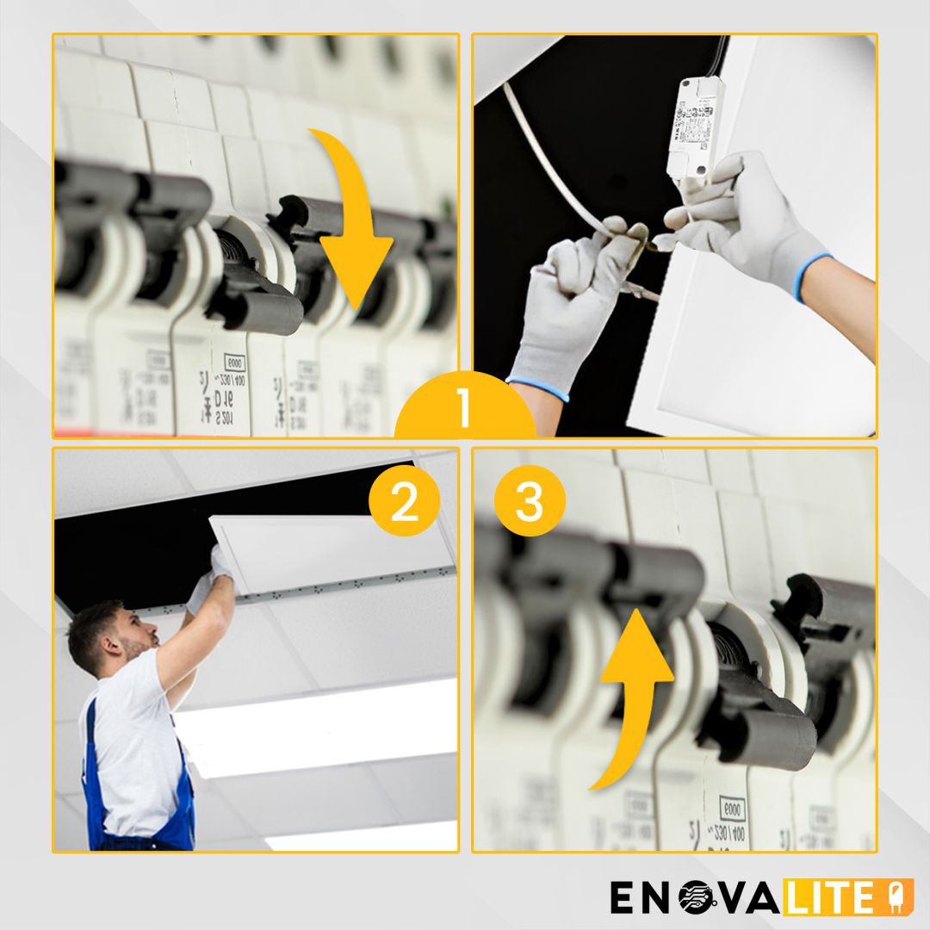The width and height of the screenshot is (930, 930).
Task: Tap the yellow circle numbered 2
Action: click(404, 505)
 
